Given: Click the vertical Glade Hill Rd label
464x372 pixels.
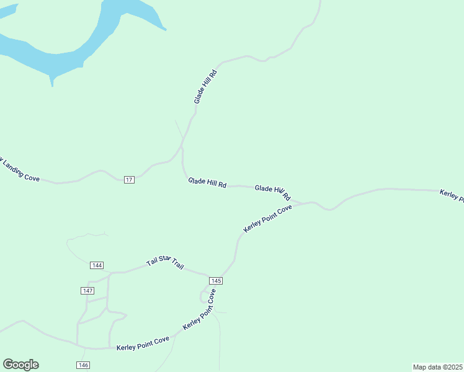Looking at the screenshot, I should [205, 87].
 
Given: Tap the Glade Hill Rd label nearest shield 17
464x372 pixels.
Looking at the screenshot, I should [207, 184].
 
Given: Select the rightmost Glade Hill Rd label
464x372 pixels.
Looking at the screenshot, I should [272, 192].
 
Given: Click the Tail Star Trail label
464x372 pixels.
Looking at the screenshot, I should [165, 263].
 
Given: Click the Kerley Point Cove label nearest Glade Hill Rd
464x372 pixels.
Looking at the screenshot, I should [267, 219].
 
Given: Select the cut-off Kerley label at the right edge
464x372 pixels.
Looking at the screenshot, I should [452, 195].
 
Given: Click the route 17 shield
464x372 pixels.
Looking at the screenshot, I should [128, 179].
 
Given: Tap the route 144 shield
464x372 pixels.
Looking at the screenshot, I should [96, 265].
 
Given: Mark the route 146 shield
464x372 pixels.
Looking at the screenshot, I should [83, 365].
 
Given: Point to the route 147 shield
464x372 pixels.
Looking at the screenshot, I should [87, 291].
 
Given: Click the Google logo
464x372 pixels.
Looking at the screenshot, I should [20, 365].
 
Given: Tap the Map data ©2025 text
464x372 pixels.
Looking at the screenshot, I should [438, 367].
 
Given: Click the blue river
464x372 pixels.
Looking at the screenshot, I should [62, 53].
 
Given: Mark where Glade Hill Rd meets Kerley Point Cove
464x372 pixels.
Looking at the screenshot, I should [301, 203].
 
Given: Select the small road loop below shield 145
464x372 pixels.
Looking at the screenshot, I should [204, 296].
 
